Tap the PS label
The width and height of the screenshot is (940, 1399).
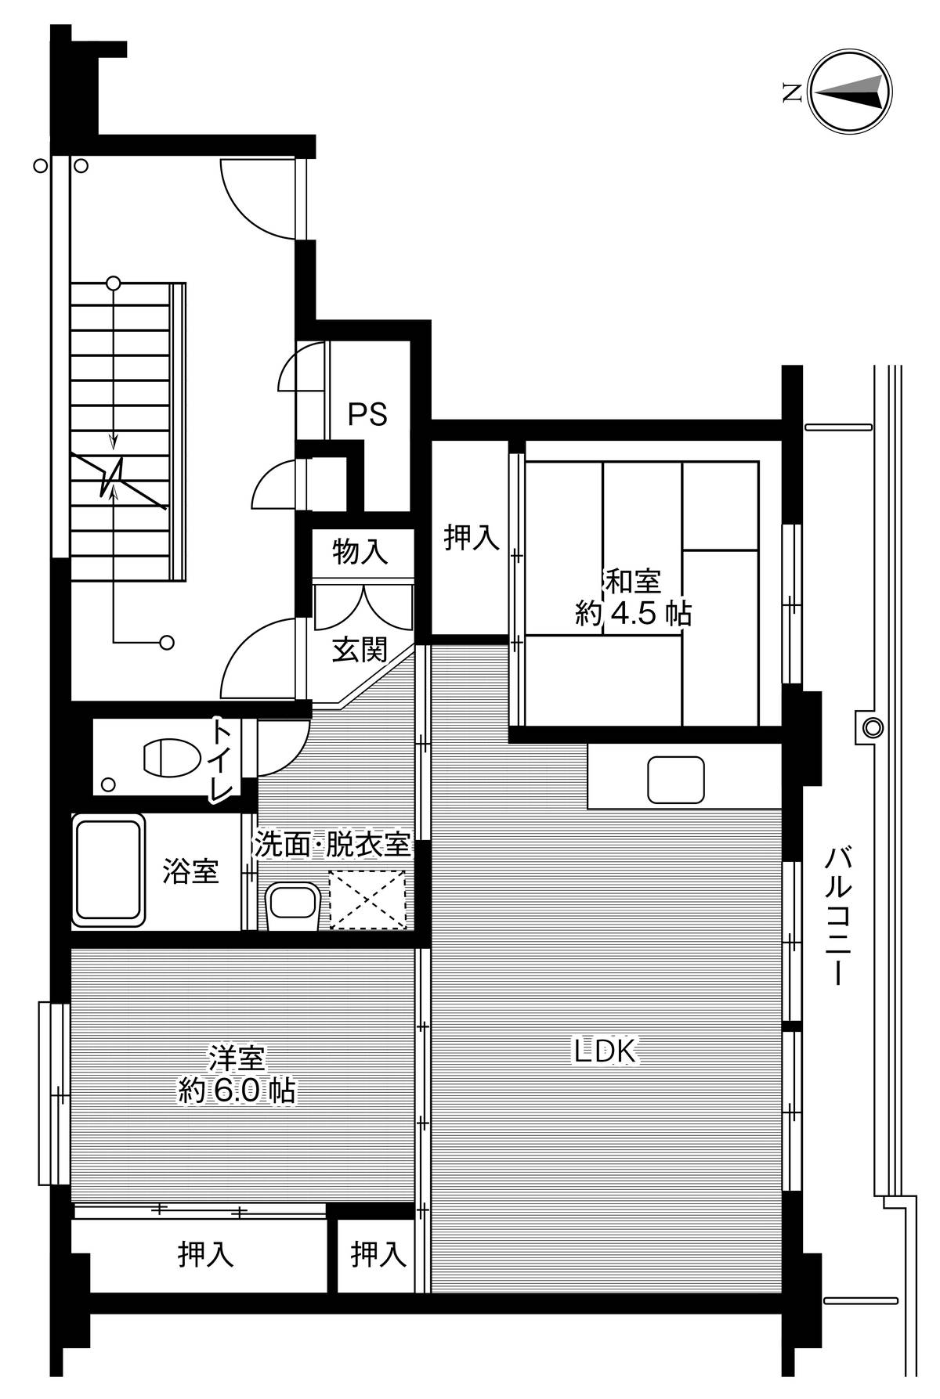click(367, 414)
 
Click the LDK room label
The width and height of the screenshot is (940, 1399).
click(608, 1051)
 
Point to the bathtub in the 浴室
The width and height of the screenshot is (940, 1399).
click(109, 870)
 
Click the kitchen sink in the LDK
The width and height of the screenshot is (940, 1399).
click(675, 779)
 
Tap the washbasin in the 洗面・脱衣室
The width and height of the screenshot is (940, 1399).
click(293, 907)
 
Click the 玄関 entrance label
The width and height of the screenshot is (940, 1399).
click(360, 650)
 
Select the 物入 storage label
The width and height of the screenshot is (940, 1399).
click(360, 552)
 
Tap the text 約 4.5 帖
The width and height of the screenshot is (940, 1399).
click(633, 614)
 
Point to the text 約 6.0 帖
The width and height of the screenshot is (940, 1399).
click(237, 1091)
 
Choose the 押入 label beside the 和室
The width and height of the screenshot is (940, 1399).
click(471, 538)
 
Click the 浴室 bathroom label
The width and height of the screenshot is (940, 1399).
click(190, 871)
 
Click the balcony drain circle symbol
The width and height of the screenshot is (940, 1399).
click(871, 727)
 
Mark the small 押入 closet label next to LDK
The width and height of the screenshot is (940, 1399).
click(378, 1255)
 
